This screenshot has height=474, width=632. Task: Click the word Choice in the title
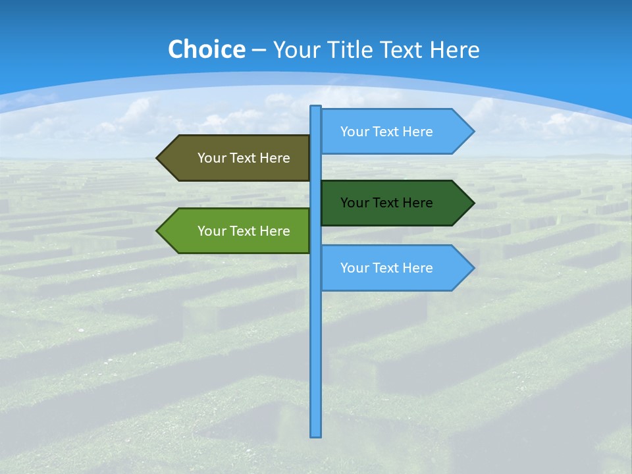206,49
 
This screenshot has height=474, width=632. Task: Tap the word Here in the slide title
454,49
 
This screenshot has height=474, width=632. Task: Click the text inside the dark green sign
386,203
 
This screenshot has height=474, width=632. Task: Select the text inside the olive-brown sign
244,158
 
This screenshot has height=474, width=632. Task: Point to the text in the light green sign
244,231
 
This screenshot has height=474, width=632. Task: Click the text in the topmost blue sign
386,132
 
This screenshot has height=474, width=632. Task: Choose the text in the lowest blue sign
386,268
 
